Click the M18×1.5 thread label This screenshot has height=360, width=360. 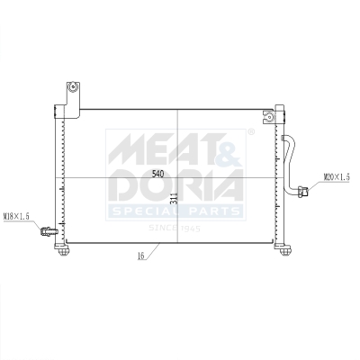coord(17,217)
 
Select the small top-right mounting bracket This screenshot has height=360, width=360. coord(266,116)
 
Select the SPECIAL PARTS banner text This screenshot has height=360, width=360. coord(176,211)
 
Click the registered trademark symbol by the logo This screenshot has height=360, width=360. coord(250,131)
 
